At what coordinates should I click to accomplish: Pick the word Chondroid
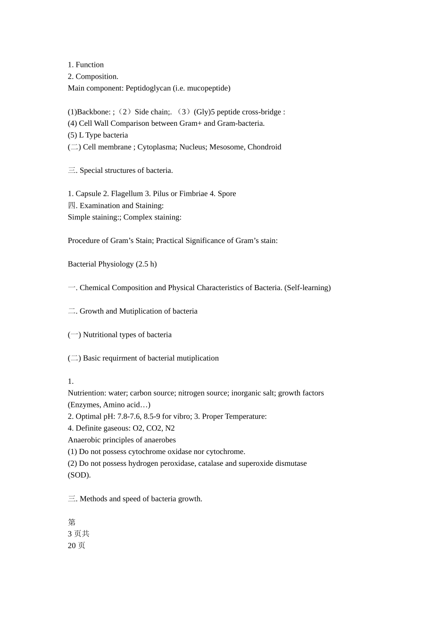[x=264, y=147]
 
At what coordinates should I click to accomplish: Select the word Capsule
[x=88, y=194]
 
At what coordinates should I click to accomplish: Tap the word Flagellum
[x=127, y=194]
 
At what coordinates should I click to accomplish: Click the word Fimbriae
[x=192, y=194]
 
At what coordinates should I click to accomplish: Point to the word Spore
[x=227, y=194]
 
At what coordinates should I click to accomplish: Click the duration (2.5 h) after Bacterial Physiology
[x=146, y=264]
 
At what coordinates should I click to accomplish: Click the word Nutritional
[x=100, y=335]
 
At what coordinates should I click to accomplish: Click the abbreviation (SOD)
[x=79, y=475]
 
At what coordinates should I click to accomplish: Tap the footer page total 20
[x=72, y=546]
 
